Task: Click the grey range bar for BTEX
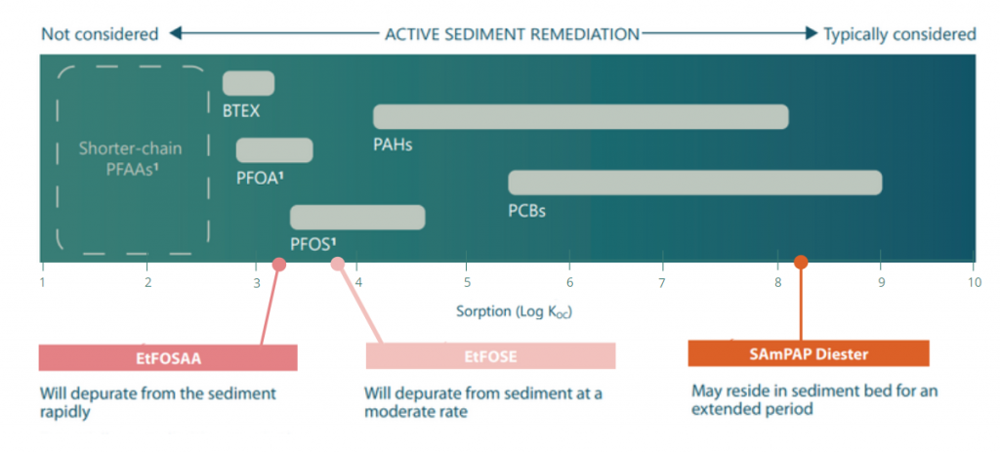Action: click(x=248, y=84)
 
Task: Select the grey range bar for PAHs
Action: click(x=580, y=117)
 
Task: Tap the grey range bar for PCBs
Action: click(x=694, y=183)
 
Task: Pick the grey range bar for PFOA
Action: click(x=274, y=150)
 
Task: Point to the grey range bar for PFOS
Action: click(x=357, y=217)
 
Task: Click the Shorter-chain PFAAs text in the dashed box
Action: click(x=131, y=159)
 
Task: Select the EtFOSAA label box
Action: click(x=168, y=357)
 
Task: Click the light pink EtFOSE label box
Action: click(x=490, y=356)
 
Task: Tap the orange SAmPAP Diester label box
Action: click(x=808, y=353)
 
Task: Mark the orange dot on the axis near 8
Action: click(x=801, y=262)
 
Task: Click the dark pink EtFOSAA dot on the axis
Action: click(x=278, y=264)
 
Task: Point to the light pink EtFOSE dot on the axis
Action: click(x=338, y=264)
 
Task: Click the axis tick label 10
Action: click(x=973, y=283)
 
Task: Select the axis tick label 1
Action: click(x=42, y=283)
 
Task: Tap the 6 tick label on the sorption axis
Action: click(x=569, y=283)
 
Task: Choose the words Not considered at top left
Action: click(x=100, y=34)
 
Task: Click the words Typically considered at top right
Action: click(x=899, y=34)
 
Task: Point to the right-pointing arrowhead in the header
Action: click(x=811, y=34)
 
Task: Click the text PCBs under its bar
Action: click(x=526, y=210)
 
